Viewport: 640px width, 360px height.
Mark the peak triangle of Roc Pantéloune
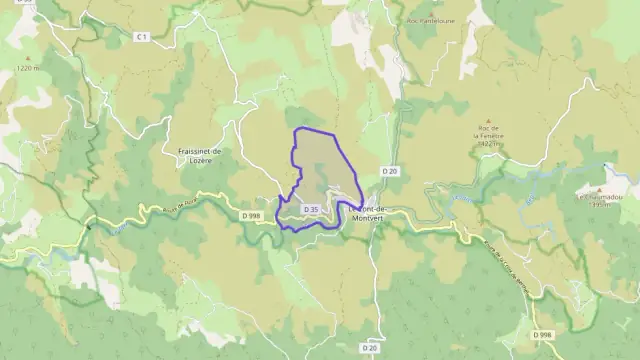pos(430,8)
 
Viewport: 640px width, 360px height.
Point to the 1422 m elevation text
pos(489,145)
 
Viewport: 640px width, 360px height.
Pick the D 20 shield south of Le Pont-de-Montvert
pos(369,347)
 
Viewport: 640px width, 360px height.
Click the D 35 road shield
pos(310,209)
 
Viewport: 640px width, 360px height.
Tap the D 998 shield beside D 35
pos(251,214)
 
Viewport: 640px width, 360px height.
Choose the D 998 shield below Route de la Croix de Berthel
pos(541,334)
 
